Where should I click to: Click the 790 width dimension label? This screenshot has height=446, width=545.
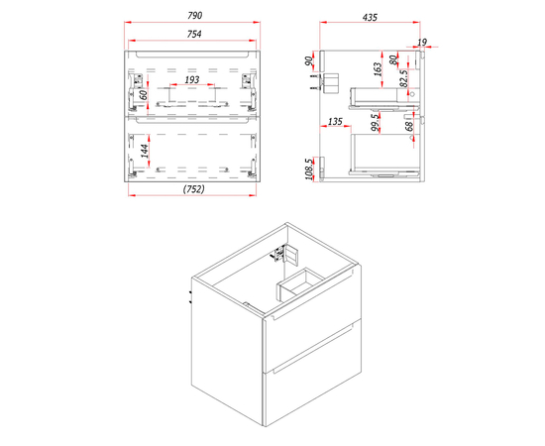point(194,16)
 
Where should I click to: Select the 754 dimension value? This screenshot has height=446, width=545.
point(194,34)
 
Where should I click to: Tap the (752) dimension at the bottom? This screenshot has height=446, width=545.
point(193,189)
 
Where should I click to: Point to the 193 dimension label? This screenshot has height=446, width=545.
point(192,79)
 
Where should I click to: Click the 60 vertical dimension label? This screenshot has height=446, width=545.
point(144,94)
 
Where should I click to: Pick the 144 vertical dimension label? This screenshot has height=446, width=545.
point(145,151)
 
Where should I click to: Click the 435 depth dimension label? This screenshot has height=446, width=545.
point(370,18)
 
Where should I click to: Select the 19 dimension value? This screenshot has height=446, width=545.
point(421,43)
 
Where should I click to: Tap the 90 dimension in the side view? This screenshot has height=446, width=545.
point(308,60)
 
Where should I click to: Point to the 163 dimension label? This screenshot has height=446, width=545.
point(378,69)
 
